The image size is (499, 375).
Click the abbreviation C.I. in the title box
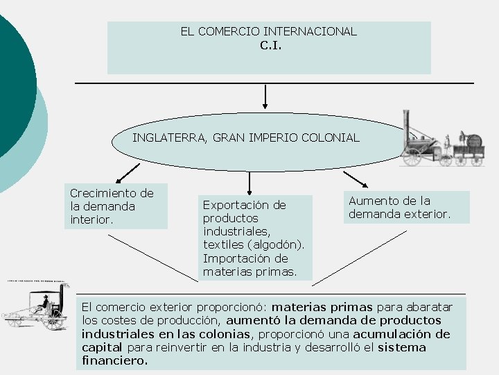click(x=270, y=46)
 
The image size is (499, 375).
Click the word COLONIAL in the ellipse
click(x=335, y=137)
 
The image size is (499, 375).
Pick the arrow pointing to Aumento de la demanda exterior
click(x=356, y=178)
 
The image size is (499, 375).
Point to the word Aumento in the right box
click(x=371, y=201)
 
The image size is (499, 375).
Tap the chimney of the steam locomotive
click(x=408, y=125)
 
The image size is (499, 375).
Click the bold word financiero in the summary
click(x=114, y=360)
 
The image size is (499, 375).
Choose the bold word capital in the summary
click(x=102, y=347)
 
